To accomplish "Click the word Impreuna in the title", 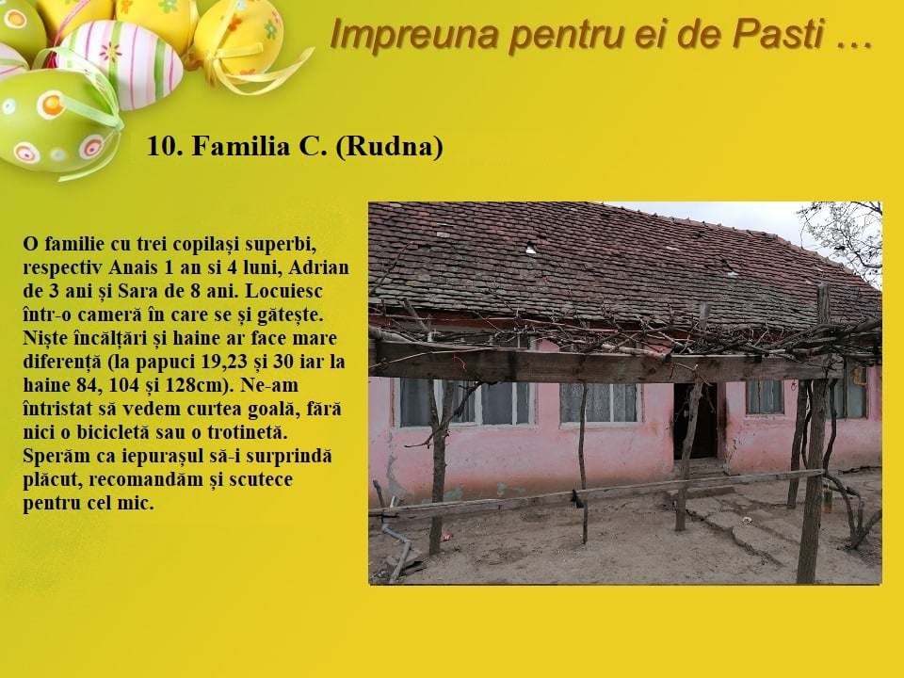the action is [x=414, y=35].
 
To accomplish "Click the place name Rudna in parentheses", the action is [x=389, y=147].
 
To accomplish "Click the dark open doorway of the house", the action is [x=697, y=421].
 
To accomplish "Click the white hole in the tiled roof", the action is [x=530, y=249].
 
